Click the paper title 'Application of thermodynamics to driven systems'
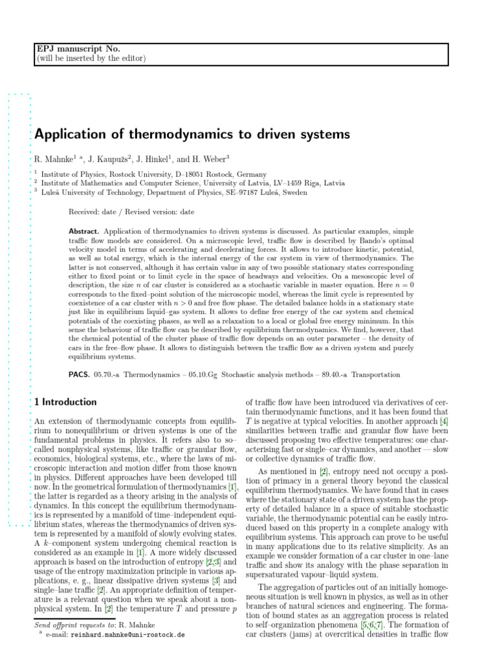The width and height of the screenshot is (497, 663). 192,135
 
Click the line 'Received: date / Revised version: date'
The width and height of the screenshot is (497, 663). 131,212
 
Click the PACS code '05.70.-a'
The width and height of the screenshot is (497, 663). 107,375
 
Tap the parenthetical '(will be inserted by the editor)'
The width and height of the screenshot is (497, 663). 90,59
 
